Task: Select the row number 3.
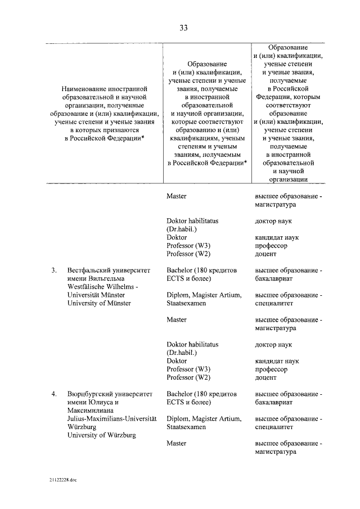pyautogui.click(x=53, y=270)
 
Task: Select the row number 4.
pyautogui.click(x=53, y=394)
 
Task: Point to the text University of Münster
pyautogui.click(x=99, y=303)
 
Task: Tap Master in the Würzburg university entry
pyautogui.click(x=177, y=443)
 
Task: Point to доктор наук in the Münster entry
pyautogui.click(x=273, y=344)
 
